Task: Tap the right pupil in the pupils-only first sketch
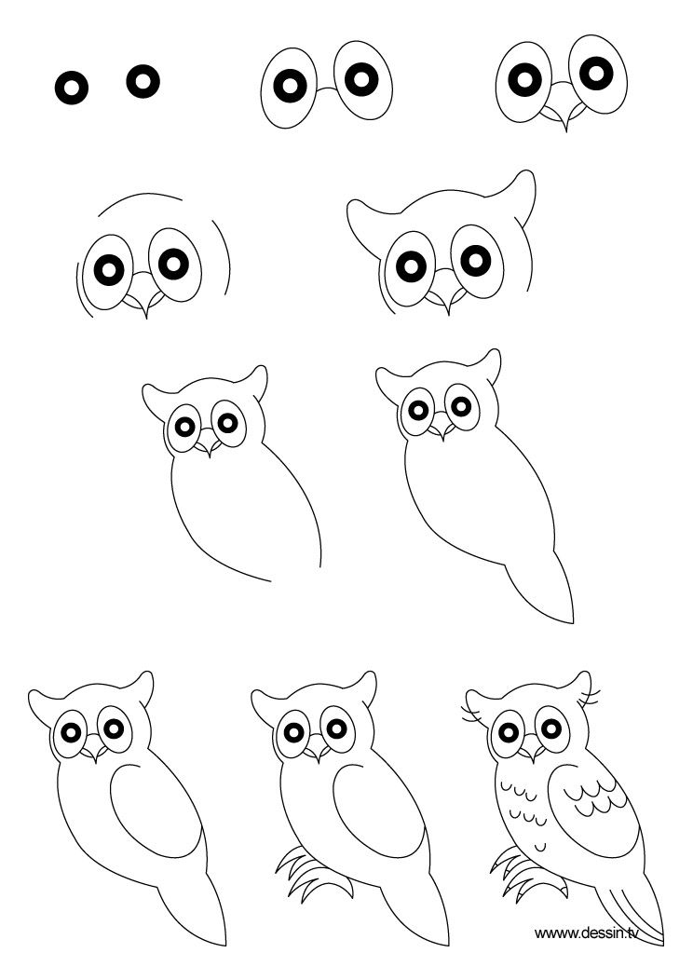(143, 81)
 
